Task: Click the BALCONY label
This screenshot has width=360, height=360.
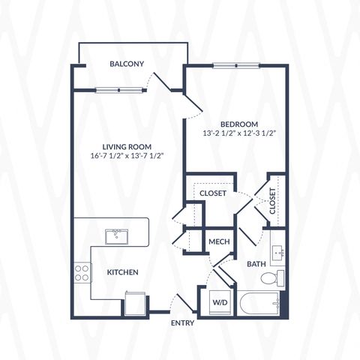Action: pos(127,64)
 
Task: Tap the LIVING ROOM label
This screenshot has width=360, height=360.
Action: pos(127,146)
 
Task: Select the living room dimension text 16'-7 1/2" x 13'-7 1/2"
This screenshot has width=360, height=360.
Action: pos(127,156)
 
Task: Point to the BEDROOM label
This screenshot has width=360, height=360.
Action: pos(239,124)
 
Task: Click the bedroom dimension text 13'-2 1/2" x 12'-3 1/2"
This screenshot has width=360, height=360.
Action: pos(239,133)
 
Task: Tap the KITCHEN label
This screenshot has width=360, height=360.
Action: pos(122,272)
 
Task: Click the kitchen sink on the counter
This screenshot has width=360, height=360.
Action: pos(116,236)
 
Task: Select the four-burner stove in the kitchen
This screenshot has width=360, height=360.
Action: pos(82,273)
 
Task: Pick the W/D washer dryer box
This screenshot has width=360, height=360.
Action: pos(220,302)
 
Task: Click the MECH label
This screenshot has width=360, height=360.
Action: pos(219,241)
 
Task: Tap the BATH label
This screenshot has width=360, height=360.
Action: pos(256,264)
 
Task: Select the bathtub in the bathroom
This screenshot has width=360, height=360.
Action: pos(259,304)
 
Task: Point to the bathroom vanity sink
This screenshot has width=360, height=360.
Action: pos(278,253)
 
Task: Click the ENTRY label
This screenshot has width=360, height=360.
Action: pos(182,323)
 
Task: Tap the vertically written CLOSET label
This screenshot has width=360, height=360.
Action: pos(272,201)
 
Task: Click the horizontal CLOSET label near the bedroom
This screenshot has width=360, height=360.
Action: pos(213,193)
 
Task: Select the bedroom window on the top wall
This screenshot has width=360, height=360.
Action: pos(236,66)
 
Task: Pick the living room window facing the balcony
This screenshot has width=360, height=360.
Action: pos(119,90)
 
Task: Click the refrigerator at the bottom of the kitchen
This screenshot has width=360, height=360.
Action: pos(135,303)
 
